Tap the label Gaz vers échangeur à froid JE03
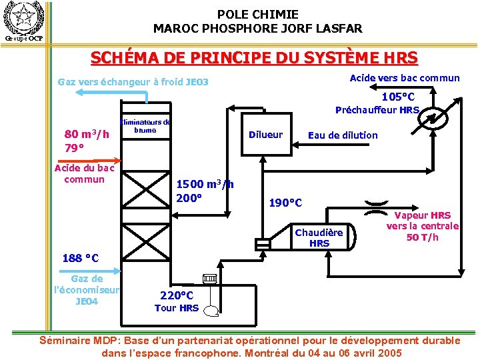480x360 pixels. (133, 83)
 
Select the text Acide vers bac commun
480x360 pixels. (405, 78)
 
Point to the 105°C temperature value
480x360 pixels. (398, 97)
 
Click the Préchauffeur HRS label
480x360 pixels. (377, 110)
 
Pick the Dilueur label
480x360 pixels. (265, 135)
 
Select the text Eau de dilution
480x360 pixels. (343, 135)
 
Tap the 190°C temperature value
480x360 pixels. (285, 202)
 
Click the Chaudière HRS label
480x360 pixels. (319, 237)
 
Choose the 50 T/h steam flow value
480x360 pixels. (423, 237)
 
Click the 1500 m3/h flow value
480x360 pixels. (204, 185)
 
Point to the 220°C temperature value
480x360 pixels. (177, 295)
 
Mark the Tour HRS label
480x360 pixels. (177, 307)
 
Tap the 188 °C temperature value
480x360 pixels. (80, 258)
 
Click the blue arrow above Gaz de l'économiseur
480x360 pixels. (100, 270)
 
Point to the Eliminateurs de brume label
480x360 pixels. (145, 126)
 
